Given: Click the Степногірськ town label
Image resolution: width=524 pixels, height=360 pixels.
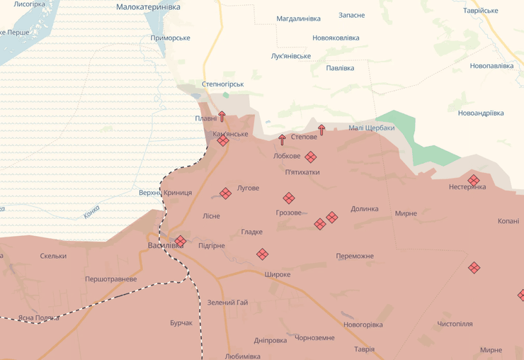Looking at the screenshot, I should tap(223, 84).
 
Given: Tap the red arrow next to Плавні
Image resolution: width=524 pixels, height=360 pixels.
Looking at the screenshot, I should tap(222, 116).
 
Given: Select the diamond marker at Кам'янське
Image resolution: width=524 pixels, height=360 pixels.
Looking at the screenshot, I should tap(223, 141).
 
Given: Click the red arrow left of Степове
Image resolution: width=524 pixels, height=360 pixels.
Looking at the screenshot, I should tap(282, 140).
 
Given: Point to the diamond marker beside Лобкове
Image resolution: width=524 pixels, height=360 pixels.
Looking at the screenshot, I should tap(311, 157).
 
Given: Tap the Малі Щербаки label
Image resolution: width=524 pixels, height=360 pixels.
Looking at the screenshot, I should tap(371, 128).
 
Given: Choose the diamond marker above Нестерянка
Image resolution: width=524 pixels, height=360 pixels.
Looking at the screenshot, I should tap(474, 180).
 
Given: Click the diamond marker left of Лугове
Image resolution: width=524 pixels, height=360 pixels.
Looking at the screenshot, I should tap(225, 193).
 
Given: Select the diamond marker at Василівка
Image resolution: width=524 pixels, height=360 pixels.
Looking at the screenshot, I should tap(181, 241).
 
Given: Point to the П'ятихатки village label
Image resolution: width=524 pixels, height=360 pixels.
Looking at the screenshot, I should tap(302, 172).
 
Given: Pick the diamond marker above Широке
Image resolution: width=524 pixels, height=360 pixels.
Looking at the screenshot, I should tap(262, 254).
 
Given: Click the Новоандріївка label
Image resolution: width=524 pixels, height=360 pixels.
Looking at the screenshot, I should tap(481, 113).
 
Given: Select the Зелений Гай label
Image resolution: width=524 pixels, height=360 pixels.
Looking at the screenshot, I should tap(227, 303).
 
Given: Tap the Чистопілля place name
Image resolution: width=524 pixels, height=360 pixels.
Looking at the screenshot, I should tap(455, 324).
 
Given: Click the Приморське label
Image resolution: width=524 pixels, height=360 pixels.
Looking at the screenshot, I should tap(189, 38).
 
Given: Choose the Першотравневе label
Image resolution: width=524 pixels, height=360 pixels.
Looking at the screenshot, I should tap(110, 279).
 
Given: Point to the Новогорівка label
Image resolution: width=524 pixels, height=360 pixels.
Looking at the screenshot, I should tap(363, 325).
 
